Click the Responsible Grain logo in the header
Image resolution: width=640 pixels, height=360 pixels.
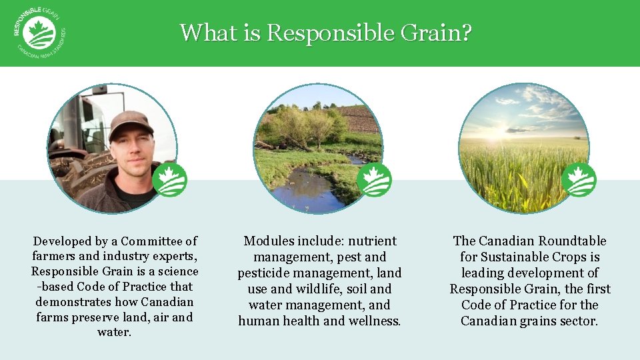click(38, 33)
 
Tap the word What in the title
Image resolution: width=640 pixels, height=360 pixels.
click(203, 33)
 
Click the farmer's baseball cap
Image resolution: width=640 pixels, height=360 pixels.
click(129, 123)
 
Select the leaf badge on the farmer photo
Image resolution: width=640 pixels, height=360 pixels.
click(169, 180)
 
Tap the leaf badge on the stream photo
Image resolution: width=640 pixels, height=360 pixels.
click(374, 180)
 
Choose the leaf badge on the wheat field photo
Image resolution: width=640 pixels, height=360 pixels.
click(579, 180)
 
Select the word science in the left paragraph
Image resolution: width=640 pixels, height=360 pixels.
click(176, 271)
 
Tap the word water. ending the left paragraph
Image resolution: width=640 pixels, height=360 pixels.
click(115, 333)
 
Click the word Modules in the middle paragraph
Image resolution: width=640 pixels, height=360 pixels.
click(267, 241)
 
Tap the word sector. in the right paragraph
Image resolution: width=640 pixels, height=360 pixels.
click(578, 321)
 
